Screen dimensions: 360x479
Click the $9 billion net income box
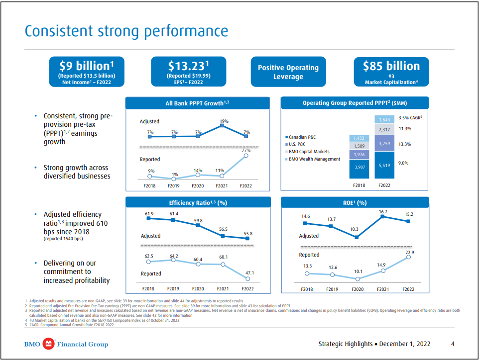point(87,72)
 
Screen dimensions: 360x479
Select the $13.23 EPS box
point(188,72)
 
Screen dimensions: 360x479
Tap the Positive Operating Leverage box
point(288,72)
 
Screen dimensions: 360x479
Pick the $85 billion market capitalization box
point(391,72)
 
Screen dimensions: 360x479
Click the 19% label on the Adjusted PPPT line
point(224,121)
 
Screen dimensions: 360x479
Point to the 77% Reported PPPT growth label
point(246,150)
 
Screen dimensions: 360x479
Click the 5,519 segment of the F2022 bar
point(384,165)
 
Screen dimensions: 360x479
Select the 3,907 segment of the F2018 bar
point(359,168)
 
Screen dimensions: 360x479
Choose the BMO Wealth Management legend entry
point(312,159)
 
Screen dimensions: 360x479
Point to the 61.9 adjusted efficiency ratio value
point(149,214)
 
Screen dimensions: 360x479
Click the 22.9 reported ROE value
point(409,253)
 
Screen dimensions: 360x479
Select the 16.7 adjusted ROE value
point(383,212)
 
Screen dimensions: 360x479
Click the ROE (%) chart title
point(355,202)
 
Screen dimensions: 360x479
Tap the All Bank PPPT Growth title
point(197,103)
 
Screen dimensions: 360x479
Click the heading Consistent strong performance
point(126,31)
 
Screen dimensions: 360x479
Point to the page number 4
point(452,344)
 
